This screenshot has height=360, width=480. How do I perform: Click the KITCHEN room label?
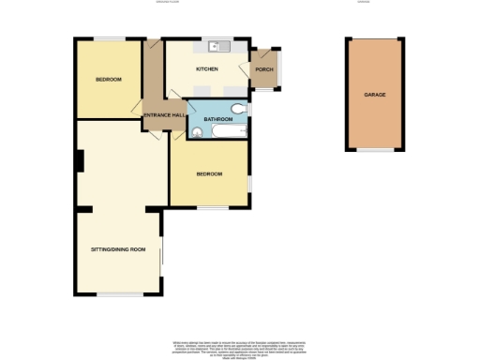click(x=206, y=69)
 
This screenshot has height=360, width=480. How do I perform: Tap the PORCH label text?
click(x=263, y=69)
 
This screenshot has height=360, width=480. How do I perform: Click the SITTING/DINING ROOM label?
click(x=118, y=249)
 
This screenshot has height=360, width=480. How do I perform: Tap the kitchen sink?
click(x=217, y=46)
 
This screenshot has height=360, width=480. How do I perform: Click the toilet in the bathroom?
click(x=241, y=110)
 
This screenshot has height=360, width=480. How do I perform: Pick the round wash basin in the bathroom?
click(x=196, y=133)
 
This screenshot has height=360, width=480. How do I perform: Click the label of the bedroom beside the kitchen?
click(x=108, y=79)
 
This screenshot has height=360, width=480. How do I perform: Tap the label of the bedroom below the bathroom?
click(x=209, y=174)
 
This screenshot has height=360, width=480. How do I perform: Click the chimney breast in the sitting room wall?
click(x=80, y=161)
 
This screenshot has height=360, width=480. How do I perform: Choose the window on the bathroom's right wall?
click(x=250, y=112)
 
